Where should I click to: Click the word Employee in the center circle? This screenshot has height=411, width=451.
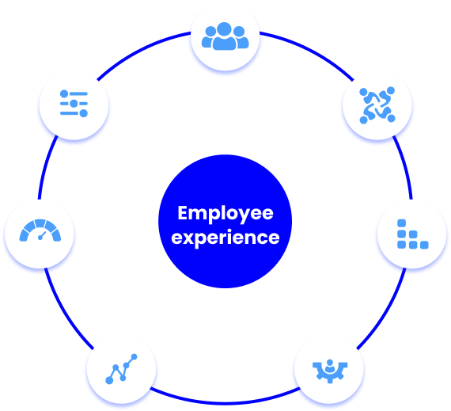click(x=225, y=213)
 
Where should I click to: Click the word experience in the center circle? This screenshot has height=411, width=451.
click(x=225, y=238)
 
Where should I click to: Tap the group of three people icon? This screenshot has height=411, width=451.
click(x=225, y=36)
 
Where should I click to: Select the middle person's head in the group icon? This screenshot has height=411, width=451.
click(x=225, y=29)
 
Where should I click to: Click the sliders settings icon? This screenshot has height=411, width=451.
click(x=74, y=104)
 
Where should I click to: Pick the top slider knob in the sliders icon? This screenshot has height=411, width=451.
click(x=64, y=93)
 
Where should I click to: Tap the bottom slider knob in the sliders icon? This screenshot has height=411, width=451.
click(x=84, y=113)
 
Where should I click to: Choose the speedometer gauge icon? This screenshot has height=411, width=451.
click(x=40, y=230)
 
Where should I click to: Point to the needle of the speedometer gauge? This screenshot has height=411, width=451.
click(x=42, y=235)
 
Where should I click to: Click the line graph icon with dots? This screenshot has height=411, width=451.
click(x=121, y=369)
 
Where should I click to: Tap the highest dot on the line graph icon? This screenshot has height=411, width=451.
click(x=134, y=357)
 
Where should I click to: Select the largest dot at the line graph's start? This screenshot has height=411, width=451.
click(x=109, y=380)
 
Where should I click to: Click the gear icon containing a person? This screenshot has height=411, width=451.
click(x=330, y=371)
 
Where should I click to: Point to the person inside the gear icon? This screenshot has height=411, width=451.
click(x=330, y=366)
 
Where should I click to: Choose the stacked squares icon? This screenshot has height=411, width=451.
click(x=413, y=234)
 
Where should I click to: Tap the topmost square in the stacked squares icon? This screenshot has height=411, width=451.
click(x=401, y=223)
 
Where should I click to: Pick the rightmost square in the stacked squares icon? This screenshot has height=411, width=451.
click(x=424, y=245)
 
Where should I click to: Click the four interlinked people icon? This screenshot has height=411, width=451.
click(x=377, y=105)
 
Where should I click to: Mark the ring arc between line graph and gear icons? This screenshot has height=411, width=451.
click(x=225, y=402)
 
